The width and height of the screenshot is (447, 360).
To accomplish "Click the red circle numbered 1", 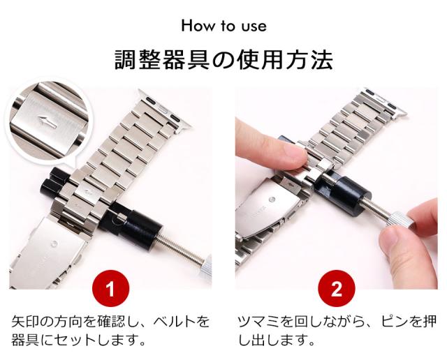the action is pyautogui.click(x=111, y=289).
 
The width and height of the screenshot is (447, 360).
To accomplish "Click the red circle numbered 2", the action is pyautogui.click(x=337, y=289).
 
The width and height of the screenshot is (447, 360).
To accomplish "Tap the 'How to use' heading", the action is pyautogui.click(x=224, y=26).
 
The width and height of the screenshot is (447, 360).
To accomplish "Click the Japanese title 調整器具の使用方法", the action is pyautogui.click(x=223, y=60).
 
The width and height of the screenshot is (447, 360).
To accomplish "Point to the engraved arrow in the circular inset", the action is pyautogui.click(x=47, y=121).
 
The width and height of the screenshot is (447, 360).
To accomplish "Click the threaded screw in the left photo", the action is pyautogui.click(x=180, y=247).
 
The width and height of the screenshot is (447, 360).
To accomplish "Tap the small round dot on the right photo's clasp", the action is pyautogui.click(x=272, y=200).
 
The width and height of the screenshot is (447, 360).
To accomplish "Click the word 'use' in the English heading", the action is pyautogui.click(x=254, y=27).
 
